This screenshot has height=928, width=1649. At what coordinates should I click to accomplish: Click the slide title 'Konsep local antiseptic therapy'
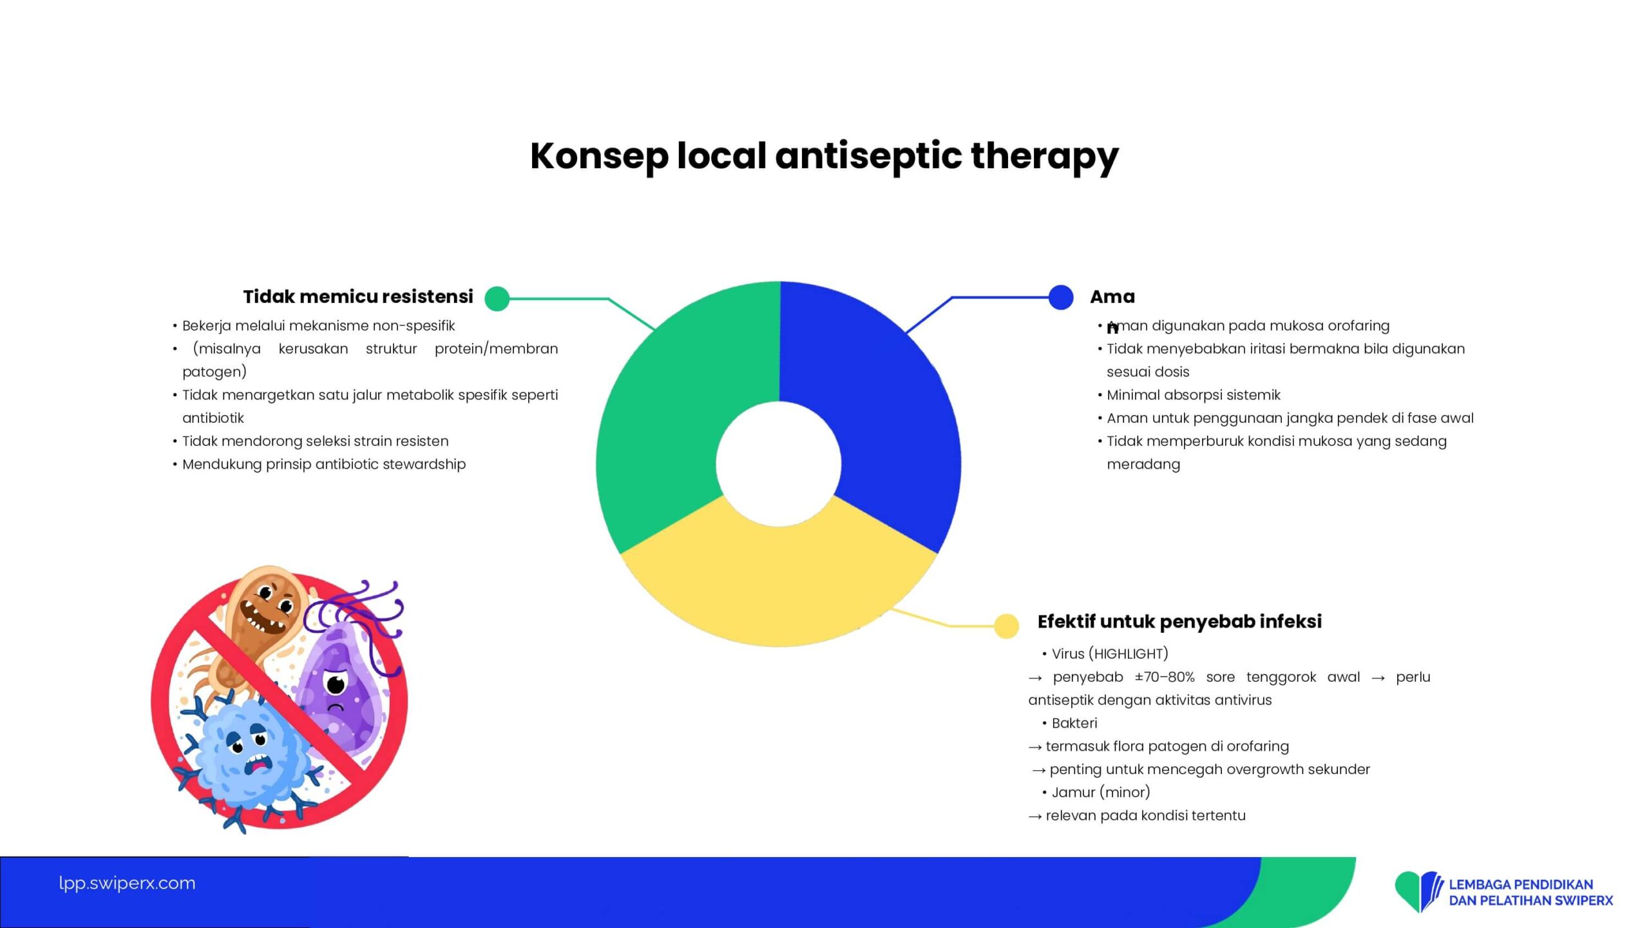coord(824,157)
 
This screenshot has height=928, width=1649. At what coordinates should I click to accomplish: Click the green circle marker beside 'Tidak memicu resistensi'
coord(497,298)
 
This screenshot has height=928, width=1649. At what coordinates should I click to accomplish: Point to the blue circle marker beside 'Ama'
coord(1061,297)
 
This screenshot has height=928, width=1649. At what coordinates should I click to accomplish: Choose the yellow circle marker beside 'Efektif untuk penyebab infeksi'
coord(1006,626)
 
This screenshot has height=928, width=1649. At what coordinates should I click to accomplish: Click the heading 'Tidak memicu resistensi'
coord(358,296)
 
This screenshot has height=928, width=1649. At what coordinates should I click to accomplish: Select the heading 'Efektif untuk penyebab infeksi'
coord(1179,621)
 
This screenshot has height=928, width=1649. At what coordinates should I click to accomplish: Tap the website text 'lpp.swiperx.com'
coord(127,883)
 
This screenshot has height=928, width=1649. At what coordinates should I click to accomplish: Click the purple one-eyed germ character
coord(341,683)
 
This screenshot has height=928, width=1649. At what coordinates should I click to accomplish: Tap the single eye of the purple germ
coord(336,683)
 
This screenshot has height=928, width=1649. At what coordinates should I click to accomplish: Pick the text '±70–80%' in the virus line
coord(1165,677)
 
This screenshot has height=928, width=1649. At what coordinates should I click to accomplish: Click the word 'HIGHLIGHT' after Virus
coord(1128,653)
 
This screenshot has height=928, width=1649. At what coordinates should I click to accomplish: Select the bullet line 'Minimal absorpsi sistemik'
coord(1193,394)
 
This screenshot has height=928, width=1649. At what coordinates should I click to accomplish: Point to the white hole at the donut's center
coord(779,463)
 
